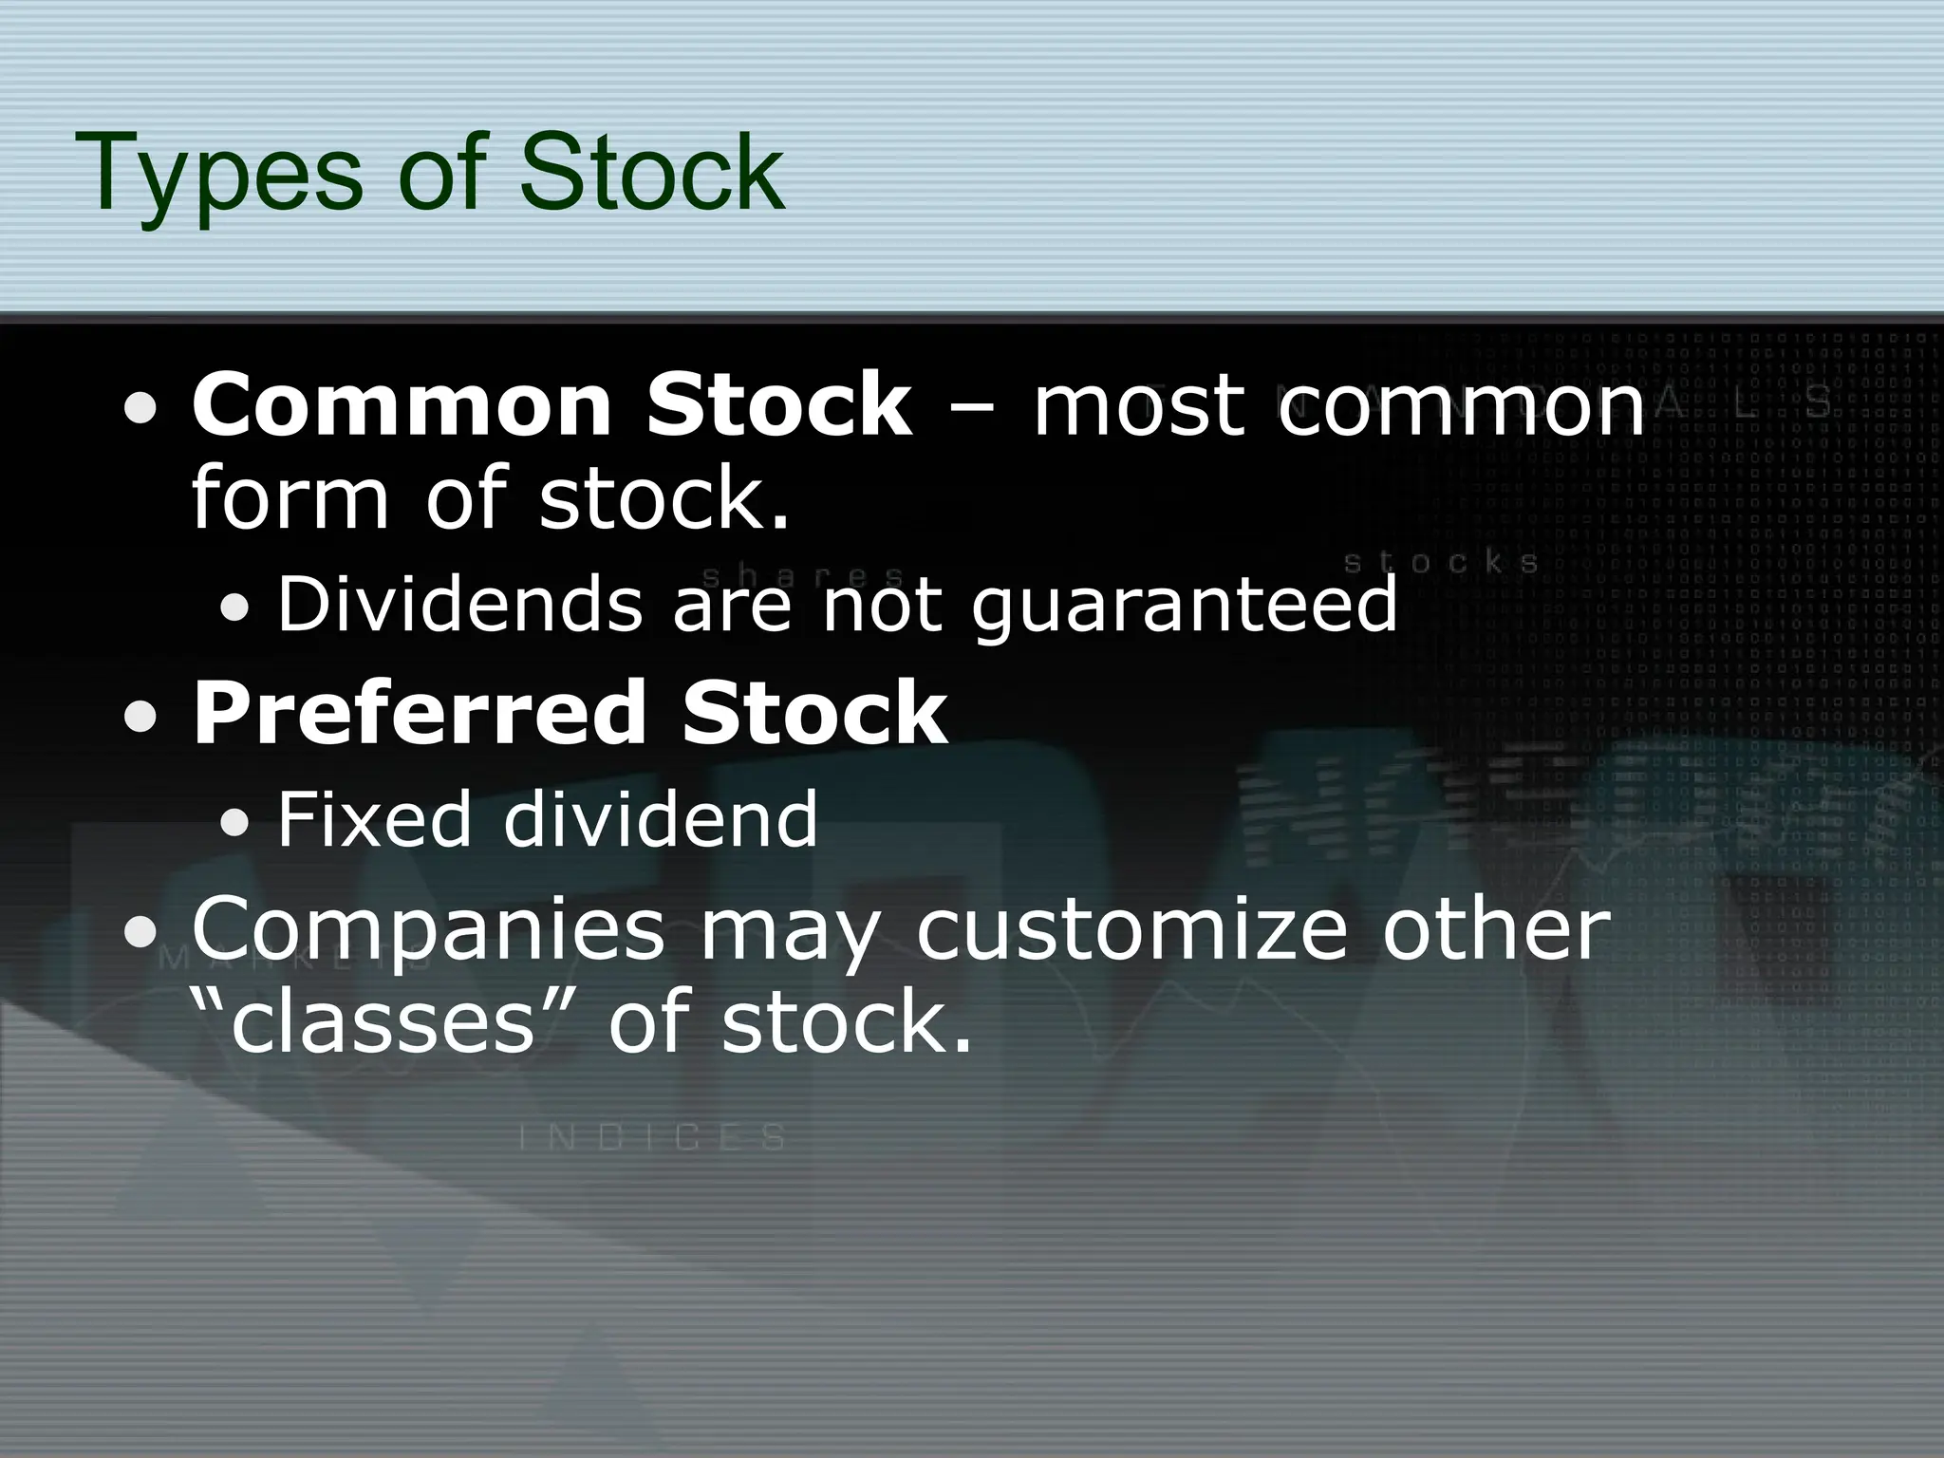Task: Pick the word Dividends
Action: click(459, 604)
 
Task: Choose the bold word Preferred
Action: click(420, 713)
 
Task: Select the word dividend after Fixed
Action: click(660, 818)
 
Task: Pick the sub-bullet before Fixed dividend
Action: click(234, 823)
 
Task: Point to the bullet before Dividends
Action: click(234, 607)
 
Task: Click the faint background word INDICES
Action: click(653, 1136)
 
